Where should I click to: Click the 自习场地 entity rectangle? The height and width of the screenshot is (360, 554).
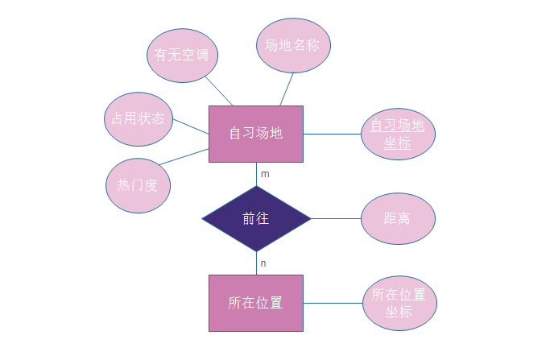[256, 134]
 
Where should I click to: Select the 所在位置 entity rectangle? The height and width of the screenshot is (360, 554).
[256, 303]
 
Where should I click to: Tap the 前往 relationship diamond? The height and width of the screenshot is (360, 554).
[256, 218]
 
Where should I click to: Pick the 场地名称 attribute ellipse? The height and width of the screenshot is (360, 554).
[293, 45]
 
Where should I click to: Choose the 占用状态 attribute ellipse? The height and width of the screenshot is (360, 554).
[138, 118]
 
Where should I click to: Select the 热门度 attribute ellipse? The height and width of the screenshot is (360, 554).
[138, 184]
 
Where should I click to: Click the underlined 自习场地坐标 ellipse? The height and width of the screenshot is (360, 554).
[398, 134]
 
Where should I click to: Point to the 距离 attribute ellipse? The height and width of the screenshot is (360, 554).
[398, 217]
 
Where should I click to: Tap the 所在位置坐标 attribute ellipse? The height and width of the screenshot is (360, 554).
[399, 303]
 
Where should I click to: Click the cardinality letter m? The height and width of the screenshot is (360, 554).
[265, 174]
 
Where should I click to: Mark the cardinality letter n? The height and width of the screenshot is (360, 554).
[263, 263]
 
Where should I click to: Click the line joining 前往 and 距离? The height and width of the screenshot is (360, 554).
[336, 218]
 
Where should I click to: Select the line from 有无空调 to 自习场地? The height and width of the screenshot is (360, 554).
[219, 91]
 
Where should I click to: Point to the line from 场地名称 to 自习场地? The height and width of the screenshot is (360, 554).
[287, 89]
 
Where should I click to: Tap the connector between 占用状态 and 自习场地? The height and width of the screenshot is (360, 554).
[191, 127]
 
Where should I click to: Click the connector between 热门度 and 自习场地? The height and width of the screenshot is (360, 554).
[184, 157]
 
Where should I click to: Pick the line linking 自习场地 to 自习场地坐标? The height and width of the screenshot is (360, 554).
[332, 134]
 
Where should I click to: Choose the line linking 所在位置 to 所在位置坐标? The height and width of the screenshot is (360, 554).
[332, 303]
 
